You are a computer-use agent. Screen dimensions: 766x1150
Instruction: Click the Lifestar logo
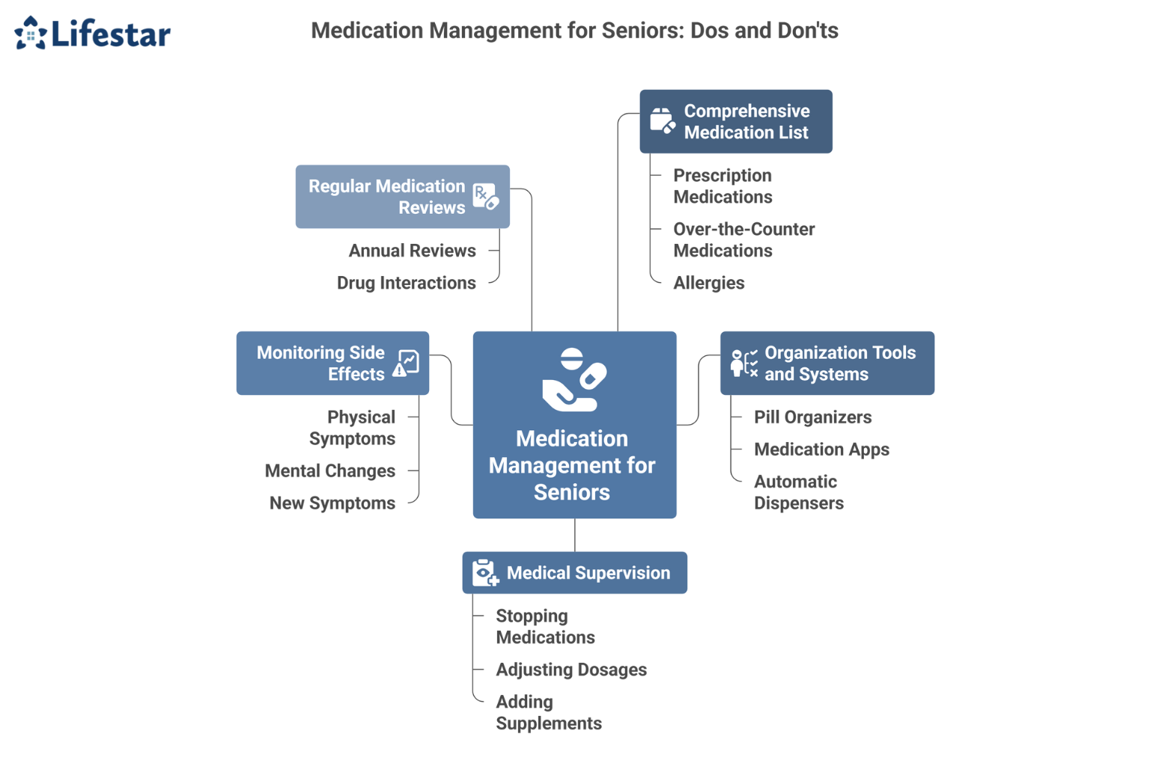click(93, 34)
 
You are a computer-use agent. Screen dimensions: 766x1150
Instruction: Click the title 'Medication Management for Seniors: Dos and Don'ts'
click(574, 31)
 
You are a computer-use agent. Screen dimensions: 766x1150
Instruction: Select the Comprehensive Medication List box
click(735, 122)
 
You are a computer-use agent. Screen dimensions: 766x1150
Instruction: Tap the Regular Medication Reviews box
click(402, 197)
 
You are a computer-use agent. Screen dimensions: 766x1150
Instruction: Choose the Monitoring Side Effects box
click(332, 364)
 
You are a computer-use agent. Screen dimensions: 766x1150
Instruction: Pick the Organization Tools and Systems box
click(827, 364)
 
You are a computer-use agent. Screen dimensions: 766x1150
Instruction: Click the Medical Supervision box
click(574, 573)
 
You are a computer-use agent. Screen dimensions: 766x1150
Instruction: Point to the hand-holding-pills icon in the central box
click(574, 380)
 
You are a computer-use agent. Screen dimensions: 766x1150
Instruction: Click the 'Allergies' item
click(708, 283)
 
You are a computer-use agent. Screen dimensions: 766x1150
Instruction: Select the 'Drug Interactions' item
click(406, 283)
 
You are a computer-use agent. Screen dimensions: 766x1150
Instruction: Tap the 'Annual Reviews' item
click(412, 251)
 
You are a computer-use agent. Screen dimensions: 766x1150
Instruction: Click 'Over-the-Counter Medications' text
click(743, 240)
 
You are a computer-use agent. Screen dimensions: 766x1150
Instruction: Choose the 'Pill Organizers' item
click(812, 417)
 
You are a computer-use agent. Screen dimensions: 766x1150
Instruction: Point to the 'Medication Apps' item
click(821, 450)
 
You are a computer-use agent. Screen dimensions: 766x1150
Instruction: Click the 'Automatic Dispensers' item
click(798, 492)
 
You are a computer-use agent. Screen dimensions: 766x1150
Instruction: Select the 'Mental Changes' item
click(329, 471)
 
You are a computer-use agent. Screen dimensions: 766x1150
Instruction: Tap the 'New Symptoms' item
click(332, 503)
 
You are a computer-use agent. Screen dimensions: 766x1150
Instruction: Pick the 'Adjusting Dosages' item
click(571, 670)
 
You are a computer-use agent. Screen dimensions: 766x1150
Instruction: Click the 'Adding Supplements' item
click(548, 712)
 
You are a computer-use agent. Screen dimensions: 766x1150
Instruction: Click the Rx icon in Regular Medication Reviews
click(485, 197)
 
